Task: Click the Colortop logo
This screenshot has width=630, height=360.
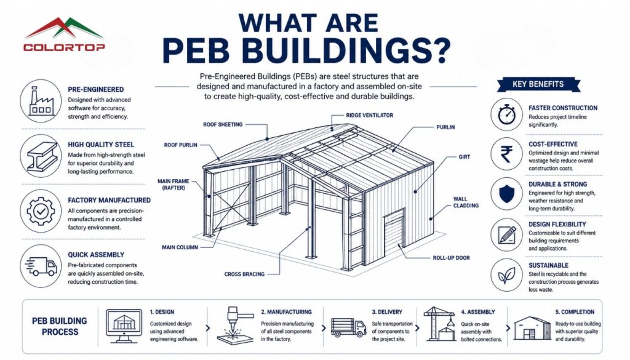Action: (x=64, y=34)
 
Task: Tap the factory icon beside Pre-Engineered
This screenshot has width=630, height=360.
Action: (x=41, y=101)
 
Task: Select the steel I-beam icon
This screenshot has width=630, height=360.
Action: (x=41, y=156)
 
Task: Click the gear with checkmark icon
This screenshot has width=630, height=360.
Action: (x=41, y=211)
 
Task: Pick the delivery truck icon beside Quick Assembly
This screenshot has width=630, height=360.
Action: (x=41, y=266)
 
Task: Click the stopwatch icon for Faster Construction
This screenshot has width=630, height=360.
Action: (x=507, y=114)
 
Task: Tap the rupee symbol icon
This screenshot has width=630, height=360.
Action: (x=507, y=154)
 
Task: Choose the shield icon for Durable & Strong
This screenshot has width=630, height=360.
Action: (x=507, y=194)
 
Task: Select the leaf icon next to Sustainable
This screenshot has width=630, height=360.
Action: (x=507, y=275)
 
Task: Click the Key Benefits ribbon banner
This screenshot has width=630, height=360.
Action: (x=538, y=84)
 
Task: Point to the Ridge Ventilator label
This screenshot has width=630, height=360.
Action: (x=370, y=115)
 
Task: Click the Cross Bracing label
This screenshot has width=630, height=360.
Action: (x=244, y=274)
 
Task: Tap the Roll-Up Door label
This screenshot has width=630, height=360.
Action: (x=451, y=258)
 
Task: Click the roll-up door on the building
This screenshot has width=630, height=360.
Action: (x=394, y=234)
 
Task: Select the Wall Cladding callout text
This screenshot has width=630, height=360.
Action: (x=466, y=202)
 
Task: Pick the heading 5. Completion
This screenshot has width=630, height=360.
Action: (x=575, y=312)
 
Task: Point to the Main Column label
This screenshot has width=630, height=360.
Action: (x=180, y=247)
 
